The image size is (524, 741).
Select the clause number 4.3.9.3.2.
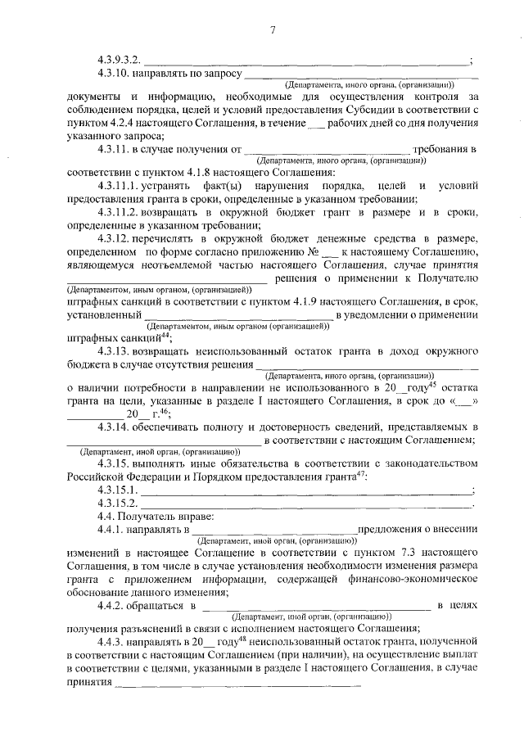(120, 60)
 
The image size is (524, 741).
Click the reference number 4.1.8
(219, 173)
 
